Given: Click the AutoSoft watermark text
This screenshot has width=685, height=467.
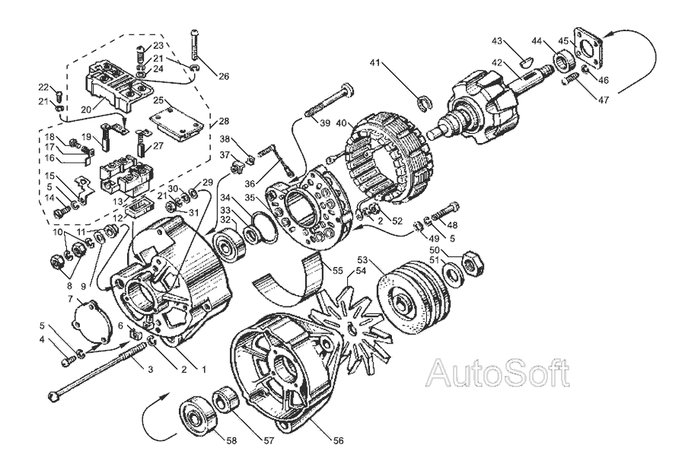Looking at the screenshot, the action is [x=498, y=373].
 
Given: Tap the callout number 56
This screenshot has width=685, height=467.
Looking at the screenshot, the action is [x=338, y=440].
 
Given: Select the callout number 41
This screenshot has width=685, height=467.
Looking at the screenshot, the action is [x=374, y=62].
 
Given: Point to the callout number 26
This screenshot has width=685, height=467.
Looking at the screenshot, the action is [x=223, y=77].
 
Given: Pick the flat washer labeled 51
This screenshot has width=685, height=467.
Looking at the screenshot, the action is [x=453, y=276].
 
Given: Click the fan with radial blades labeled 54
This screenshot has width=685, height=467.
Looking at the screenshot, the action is [x=349, y=321].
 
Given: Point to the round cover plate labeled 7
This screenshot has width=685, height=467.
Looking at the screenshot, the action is [x=92, y=324].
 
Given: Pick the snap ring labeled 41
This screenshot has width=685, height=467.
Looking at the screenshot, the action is [x=423, y=103].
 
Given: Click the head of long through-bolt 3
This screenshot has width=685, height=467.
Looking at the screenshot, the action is [x=53, y=397].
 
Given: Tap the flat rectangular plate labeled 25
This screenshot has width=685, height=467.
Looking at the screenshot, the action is [x=177, y=125].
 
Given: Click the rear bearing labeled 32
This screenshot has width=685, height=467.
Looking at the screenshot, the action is [x=229, y=245].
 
